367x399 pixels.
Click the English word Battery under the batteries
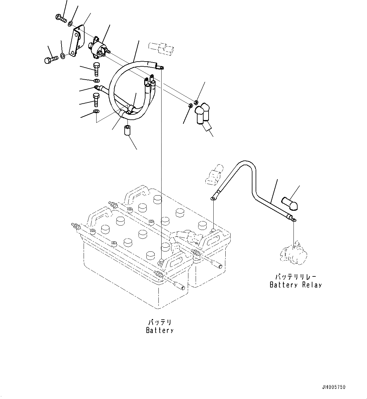[x=160, y=330]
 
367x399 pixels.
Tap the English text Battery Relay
[x=296, y=285]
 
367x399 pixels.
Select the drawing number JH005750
[x=334, y=387]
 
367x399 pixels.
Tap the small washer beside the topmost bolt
[x=70, y=24]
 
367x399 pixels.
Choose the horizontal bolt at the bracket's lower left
[x=51, y=59]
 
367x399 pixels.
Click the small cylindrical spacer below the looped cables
[x=127, y=131]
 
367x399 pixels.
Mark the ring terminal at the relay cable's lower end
[x=293, y=220]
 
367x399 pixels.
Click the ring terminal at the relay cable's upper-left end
[x=213, y=198]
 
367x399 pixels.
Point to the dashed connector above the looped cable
[x=161, y=48]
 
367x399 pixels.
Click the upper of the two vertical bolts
[x=96, y=69]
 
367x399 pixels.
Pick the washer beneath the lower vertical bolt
[x=96, y=111]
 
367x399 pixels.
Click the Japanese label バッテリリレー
[x=295, y=277]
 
